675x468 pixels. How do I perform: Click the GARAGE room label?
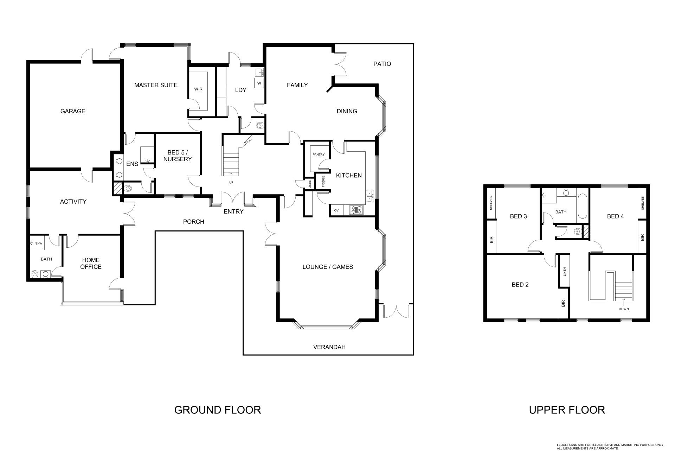click(x=73, y=111)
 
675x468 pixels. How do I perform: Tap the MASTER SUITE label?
click(x=156, y=85)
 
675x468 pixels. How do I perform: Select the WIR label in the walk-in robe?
click(x=198, y=89)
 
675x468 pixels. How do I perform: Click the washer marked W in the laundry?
click(x=259, y=83)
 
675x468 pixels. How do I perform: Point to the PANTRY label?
click(x=319, y=155)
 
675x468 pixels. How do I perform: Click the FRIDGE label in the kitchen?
click(x=323, y=182)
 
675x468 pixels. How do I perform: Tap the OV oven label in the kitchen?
click(x=336, y=210)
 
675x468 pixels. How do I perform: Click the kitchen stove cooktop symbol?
click(x=357, y=210)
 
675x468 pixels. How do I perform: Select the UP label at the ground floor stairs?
click(x=231, y=183)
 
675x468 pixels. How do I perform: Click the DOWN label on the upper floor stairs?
click(x=624, y=309)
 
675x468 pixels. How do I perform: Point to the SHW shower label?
click(x=39, y=244)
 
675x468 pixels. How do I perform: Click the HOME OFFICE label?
click(x=91, y=264)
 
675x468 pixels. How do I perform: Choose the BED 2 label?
click(x=520, y=285)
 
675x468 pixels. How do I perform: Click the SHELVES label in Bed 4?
click(x=643, y=203)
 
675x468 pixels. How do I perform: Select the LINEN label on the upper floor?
click(x=565, y=271)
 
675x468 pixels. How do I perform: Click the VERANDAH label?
click(x=329, y=347)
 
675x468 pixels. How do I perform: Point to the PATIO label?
click(x=382, y=64)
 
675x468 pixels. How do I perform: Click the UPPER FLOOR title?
click(x=567, y=410)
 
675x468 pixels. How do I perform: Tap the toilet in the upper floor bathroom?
click(x=577, y=232)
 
